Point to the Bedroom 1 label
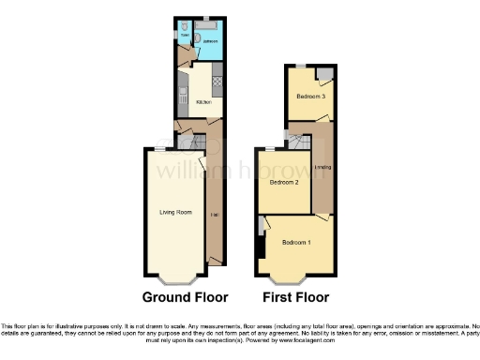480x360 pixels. [x=296, y=243]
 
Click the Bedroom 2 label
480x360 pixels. [x=284, y=183]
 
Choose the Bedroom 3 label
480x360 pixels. [x=310, y=97]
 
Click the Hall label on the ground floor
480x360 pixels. [x=216, y=216]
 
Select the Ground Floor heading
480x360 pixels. [x=185, y=298]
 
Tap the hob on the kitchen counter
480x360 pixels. [x=217, y=82]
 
